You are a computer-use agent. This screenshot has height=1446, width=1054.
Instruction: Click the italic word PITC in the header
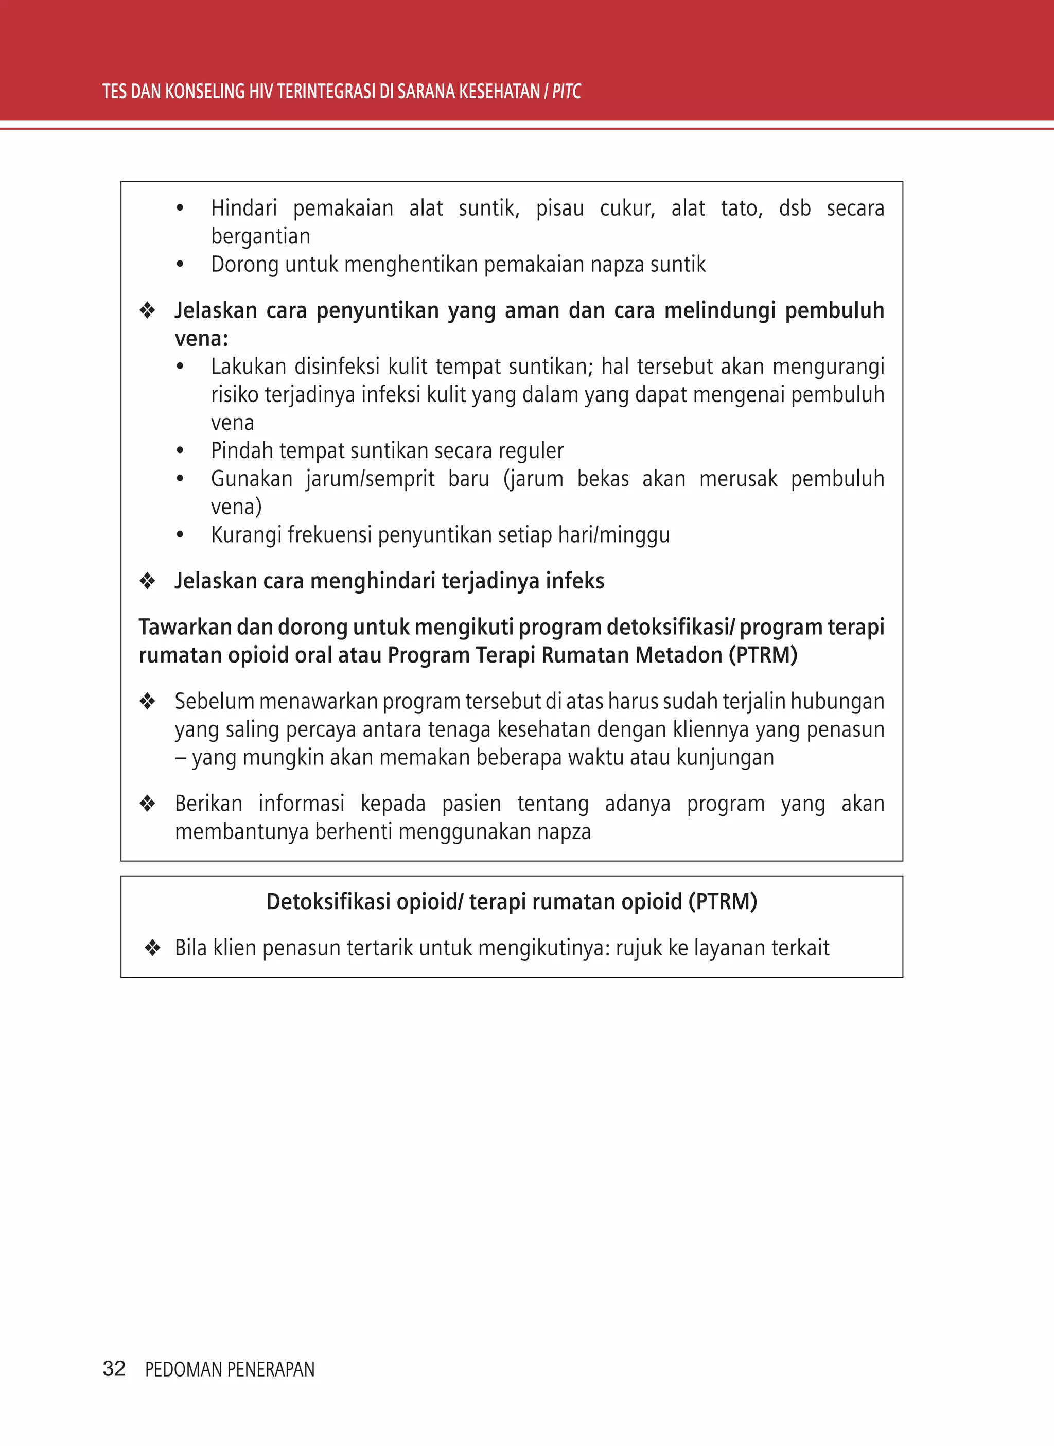pos(566,92)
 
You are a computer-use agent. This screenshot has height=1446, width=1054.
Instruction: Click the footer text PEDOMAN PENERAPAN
pos(230,1369)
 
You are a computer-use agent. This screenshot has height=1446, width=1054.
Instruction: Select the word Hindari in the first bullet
pos(244,208)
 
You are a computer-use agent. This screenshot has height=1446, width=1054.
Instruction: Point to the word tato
pos(742,208)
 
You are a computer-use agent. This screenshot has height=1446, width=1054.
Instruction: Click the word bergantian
pos(260,237)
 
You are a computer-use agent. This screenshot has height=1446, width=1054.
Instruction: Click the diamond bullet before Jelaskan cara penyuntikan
pos(147,311)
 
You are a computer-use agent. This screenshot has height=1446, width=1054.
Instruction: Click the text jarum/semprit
pos(370,479)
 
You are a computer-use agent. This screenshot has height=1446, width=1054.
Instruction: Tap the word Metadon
pos(677,655)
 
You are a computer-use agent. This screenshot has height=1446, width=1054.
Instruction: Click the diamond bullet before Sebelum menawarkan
pos(147,701)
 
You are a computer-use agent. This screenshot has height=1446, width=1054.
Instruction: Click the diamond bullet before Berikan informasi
pos(147,804)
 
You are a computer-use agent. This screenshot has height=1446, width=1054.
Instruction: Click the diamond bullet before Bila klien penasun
pos(152,948)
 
